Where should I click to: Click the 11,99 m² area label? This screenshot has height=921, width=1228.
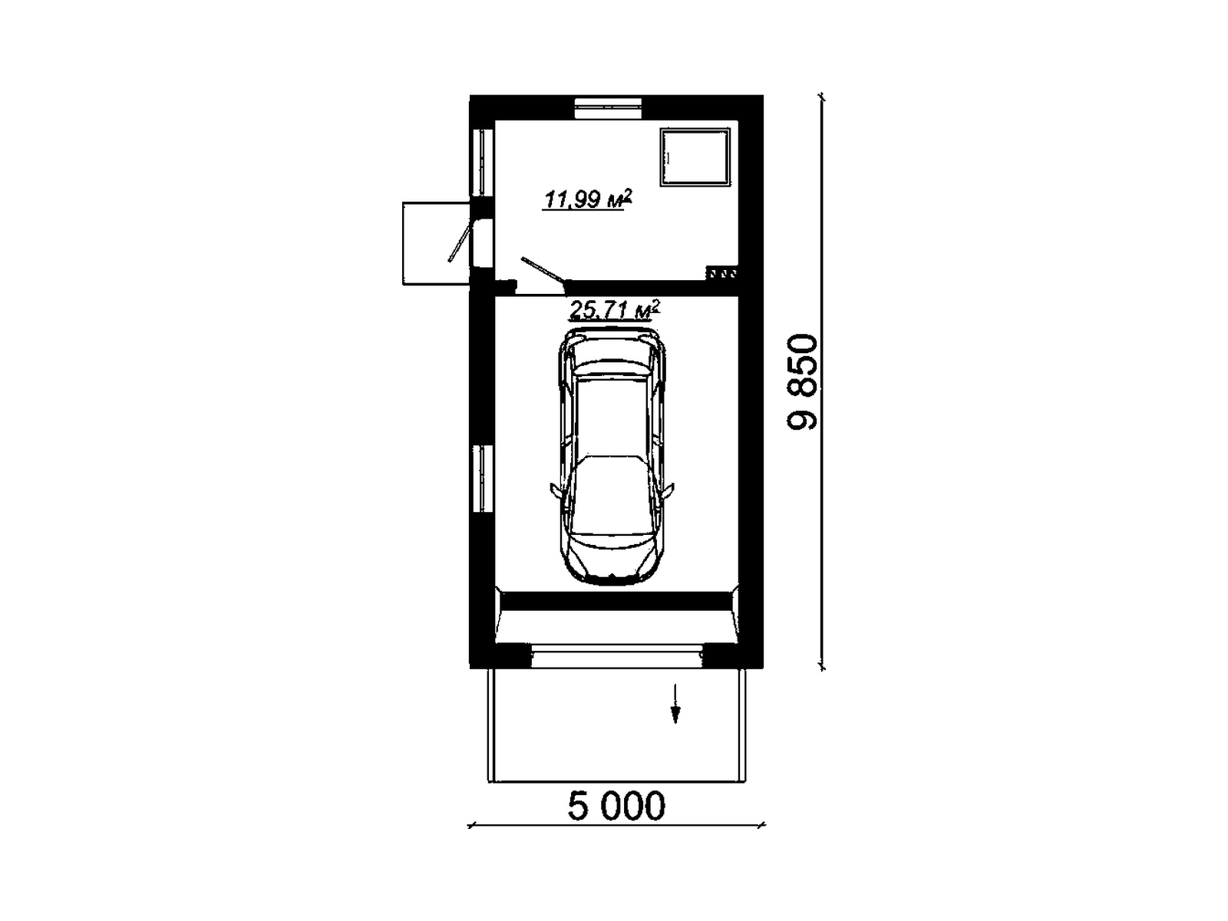click(587, 199)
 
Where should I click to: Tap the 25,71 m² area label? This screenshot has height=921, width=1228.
click(614, 310)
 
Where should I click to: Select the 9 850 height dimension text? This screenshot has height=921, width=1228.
click(802, 382)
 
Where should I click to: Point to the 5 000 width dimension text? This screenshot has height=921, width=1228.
click(616, 806)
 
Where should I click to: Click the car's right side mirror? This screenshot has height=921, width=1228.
click(669, 490)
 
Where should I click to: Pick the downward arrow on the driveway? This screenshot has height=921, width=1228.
click(675, 703)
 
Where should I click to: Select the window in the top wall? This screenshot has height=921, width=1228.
click(608, 108)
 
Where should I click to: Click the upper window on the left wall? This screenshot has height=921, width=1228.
click(482, 162)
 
